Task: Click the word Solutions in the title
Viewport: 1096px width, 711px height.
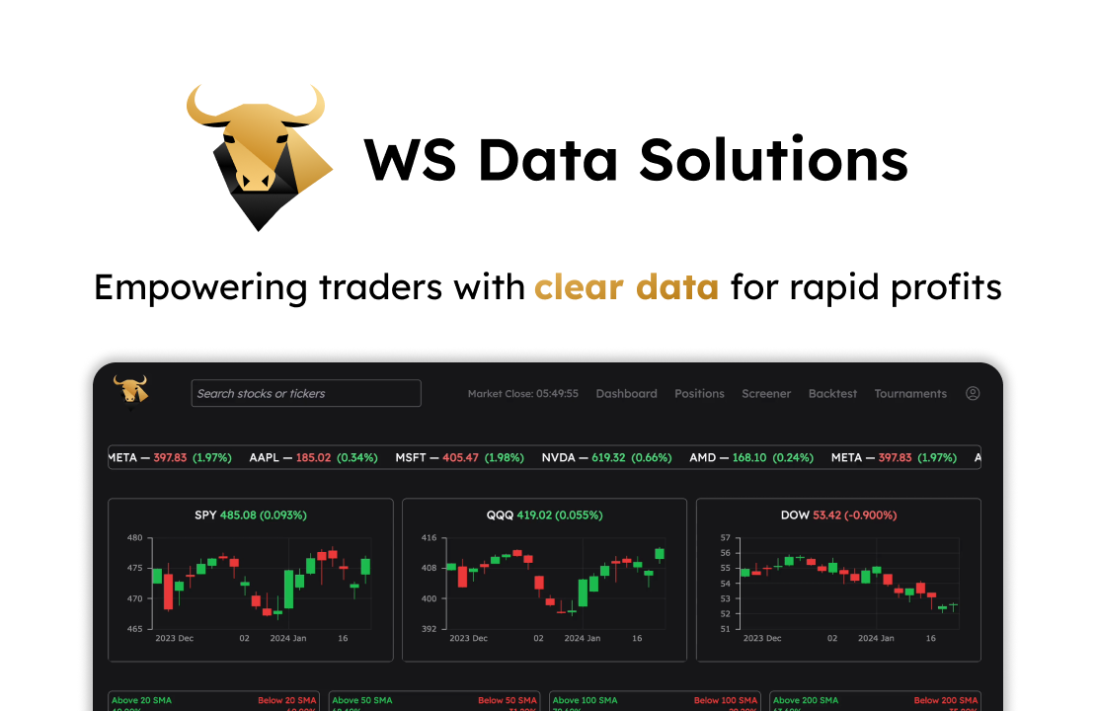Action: point(773,159)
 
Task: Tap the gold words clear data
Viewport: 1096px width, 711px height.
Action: point(626,287)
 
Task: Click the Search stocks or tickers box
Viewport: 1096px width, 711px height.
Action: point(306,393)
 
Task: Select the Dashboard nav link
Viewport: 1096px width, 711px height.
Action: point(626,393)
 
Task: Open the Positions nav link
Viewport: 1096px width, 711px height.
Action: point(699,393)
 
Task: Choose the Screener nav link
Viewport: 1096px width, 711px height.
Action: point(766,393)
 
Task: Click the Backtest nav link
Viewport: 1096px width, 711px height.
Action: point(832,393)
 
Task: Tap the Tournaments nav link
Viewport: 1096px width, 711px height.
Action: point(909,393)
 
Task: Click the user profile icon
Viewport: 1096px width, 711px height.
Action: point(973,393)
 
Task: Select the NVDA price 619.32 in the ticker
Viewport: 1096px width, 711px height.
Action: point(608,458)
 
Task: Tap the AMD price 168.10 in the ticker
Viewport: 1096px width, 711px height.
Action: point(749,458)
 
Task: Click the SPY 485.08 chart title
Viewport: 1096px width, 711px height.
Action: point(250,515)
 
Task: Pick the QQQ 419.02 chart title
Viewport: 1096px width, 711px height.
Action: point(544,515)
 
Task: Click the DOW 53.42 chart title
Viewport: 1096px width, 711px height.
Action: point(838,515)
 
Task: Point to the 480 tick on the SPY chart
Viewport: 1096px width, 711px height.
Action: point(135,538)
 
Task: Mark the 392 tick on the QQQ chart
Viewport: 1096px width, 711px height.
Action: point(429,629)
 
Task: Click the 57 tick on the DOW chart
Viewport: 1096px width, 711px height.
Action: point(725,538)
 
